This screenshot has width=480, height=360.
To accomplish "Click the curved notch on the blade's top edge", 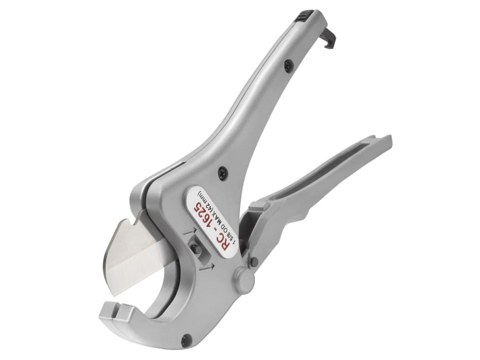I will pyautogui.click(x=135, y=217).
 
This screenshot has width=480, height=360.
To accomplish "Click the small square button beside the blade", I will pyautogui.click(x=195, y=249).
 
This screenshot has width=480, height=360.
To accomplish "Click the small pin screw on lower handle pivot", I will pyautogui.click(x=254, y=261).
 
